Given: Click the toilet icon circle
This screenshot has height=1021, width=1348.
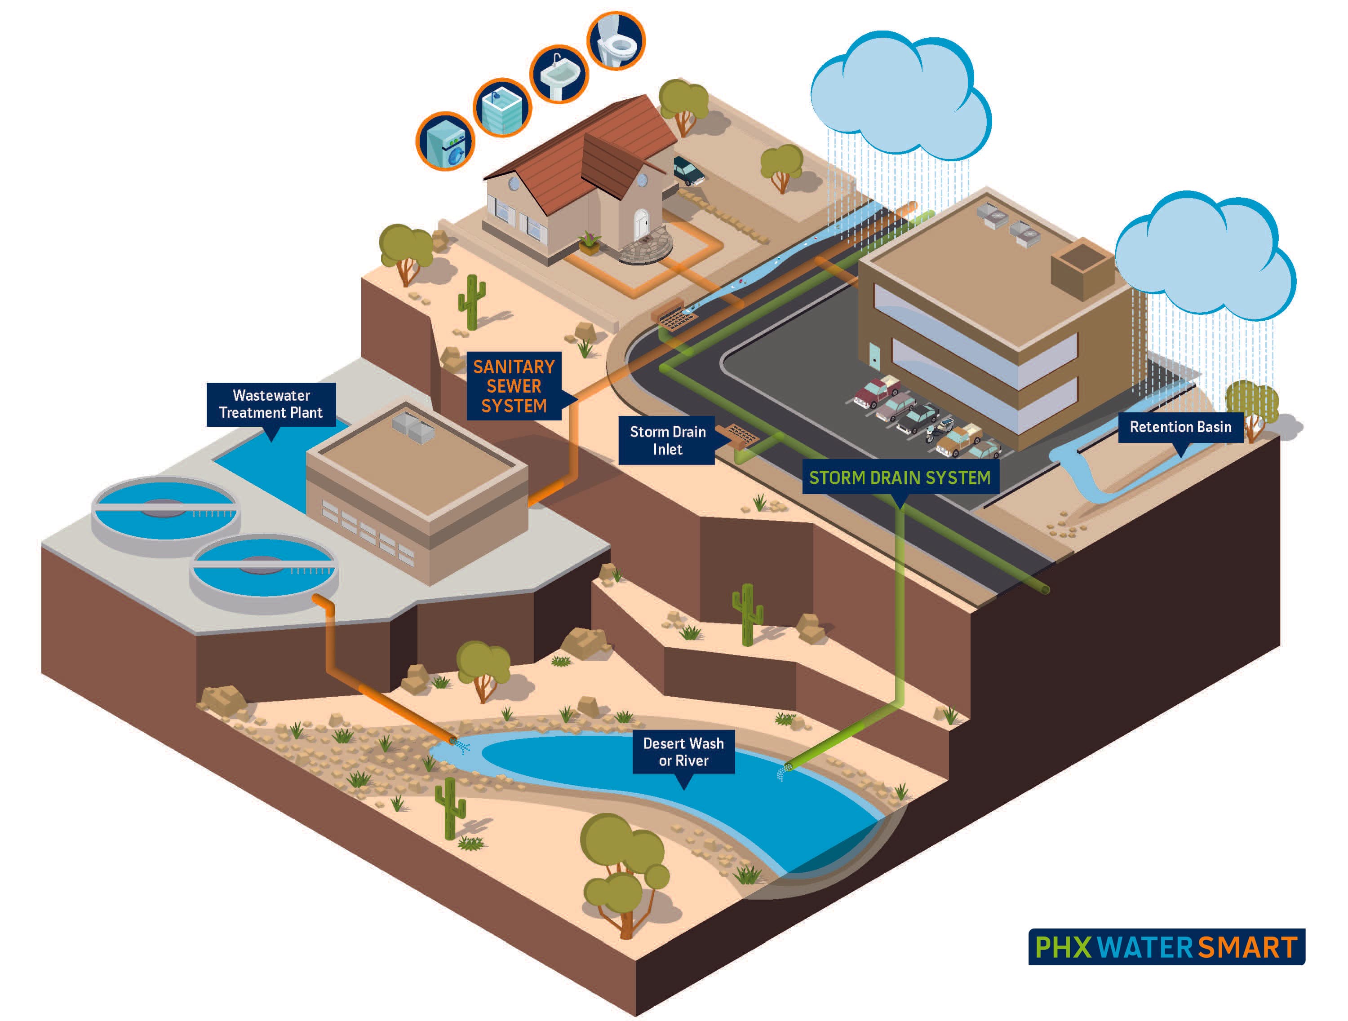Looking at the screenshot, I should coord(616,41).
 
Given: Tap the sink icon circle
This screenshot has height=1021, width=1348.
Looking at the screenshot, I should coord(559,74).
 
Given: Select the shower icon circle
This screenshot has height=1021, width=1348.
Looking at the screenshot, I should coord(502,108).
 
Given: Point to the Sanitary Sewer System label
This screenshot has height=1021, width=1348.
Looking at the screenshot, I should coord(514,385).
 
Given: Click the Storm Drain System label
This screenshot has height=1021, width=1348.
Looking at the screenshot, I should coord(900,477).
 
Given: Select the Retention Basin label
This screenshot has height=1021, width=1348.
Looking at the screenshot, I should coord(1180,426).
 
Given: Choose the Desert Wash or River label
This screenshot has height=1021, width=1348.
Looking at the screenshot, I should coord(683,752).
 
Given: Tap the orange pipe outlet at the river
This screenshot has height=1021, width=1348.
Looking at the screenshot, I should coord(453,740).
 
